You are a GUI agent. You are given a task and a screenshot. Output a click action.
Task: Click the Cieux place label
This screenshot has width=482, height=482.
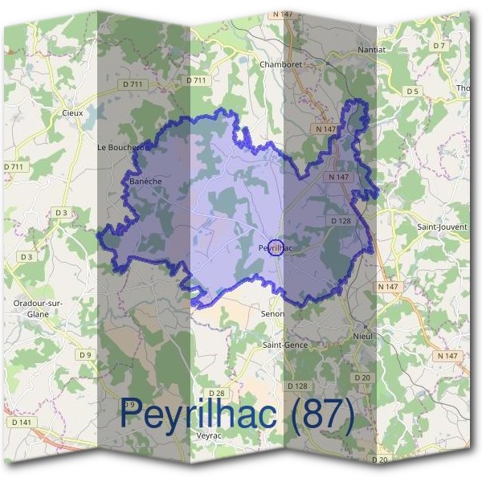[72, 113]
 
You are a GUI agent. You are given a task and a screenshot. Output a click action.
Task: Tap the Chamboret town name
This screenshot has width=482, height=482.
[279, 63]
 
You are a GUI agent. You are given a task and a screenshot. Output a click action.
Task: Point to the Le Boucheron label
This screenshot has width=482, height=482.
[124, 148]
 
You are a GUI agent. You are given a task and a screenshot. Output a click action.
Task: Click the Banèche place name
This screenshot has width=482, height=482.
[145, 182]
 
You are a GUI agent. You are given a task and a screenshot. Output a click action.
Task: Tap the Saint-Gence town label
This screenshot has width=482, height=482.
[286, 345]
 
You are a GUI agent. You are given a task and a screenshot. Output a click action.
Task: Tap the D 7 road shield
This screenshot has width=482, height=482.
[439, 46]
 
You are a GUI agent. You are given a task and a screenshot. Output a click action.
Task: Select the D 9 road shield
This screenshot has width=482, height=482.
[86, 354]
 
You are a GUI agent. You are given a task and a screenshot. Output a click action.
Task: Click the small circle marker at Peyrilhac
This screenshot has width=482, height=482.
[276, 248]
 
